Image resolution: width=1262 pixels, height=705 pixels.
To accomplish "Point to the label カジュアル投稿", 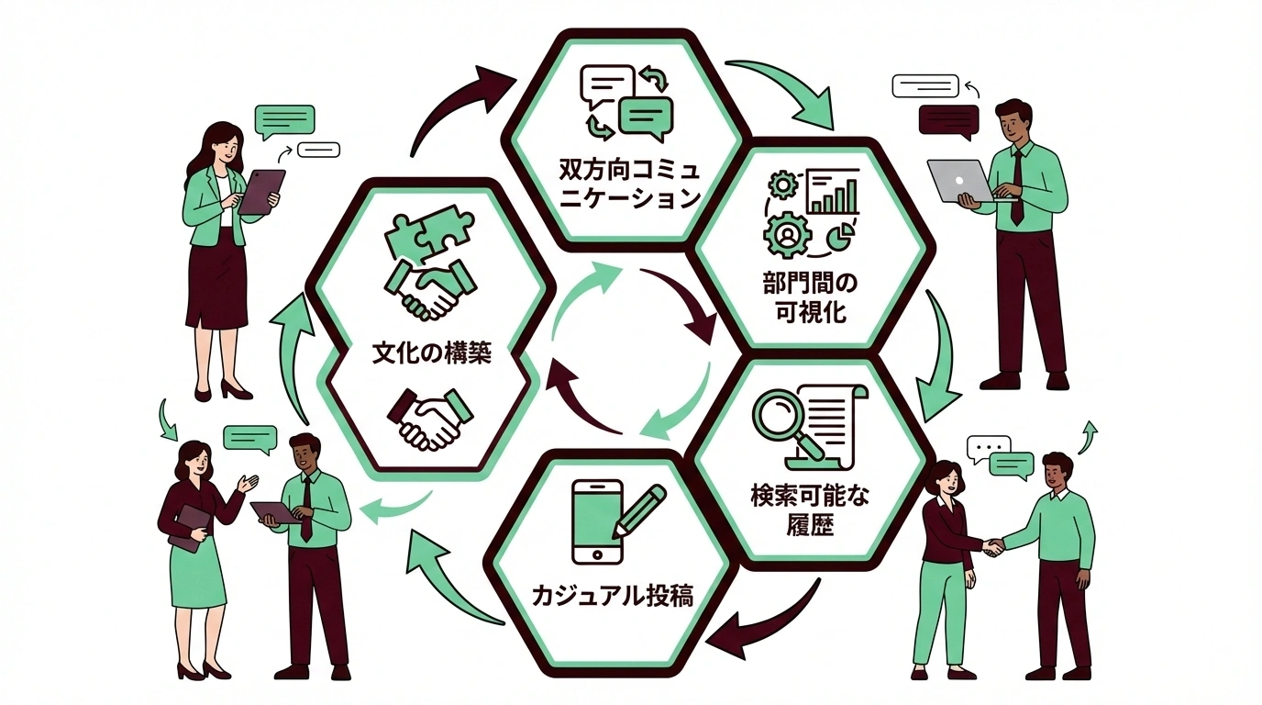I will (x=612, y=598).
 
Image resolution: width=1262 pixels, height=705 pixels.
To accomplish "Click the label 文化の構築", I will (x=432, y=352).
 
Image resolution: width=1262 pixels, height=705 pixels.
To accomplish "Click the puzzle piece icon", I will (x=428, y=235).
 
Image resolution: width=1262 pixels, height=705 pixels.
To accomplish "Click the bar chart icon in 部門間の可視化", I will (x=833, y=191).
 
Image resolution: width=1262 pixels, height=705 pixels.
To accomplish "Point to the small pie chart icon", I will (x=839, y=238).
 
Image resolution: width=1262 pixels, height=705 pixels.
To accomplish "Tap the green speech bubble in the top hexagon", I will (x=646, y=116).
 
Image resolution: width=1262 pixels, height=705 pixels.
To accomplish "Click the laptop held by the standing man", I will (x=961, y=180).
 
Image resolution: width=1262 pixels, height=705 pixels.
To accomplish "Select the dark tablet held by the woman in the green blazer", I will (x=261, y=191).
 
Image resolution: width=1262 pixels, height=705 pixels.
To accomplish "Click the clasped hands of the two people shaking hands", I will (x=992, y=548).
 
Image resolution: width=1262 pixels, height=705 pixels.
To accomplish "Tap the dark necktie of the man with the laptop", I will (x=1017, y=187).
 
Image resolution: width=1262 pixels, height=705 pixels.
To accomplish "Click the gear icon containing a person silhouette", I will (x=786, y=233).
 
